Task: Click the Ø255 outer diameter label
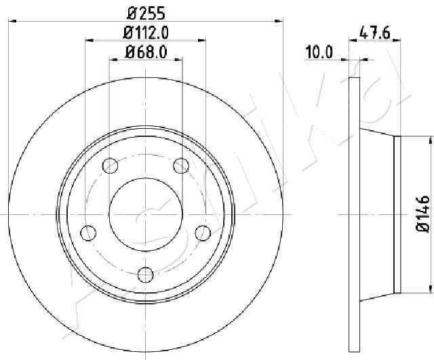[146, 14]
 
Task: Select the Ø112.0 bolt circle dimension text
[146, 33]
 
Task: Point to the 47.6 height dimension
[374, 33]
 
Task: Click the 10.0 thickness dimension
[319, 52]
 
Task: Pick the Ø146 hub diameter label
[422, 213]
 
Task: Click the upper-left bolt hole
[110, 165]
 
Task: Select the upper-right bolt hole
[181, 165]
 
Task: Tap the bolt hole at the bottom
[146, 275]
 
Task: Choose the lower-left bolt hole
[88, 233]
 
